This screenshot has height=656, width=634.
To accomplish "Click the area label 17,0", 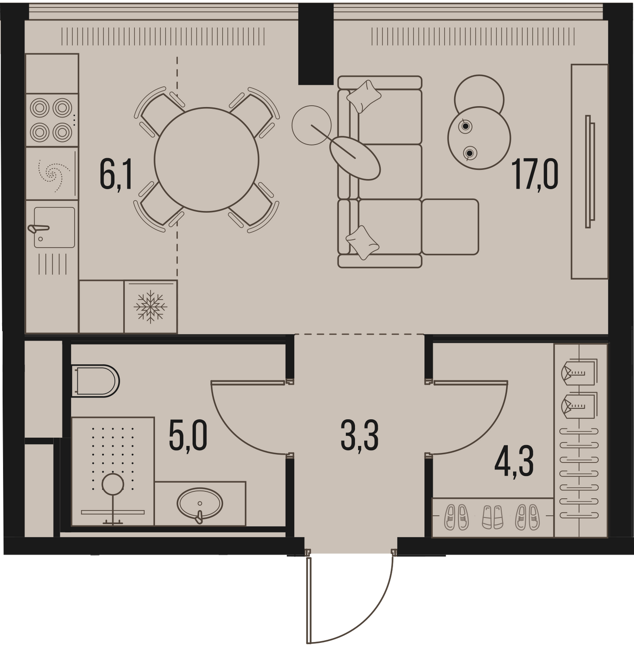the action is click(536, 174).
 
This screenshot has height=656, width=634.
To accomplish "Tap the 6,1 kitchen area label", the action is click(116, 174).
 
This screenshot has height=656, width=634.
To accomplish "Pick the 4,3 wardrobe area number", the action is click(514, 462).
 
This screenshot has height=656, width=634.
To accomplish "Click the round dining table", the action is click(206, 160).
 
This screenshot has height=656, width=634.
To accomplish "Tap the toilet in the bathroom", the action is click(95, 380).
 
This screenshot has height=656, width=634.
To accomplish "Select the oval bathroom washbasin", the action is click(200, 503).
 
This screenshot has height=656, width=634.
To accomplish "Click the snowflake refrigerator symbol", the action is click(150, 307).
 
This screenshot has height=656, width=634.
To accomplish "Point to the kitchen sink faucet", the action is click(38, 228).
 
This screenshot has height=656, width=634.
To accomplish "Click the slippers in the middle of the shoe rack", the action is click(492, 517).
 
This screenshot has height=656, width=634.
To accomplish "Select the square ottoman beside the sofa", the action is click(450, 227).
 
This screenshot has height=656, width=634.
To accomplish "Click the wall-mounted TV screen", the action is click(590, 171).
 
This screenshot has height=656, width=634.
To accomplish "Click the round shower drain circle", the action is click(113, 484).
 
